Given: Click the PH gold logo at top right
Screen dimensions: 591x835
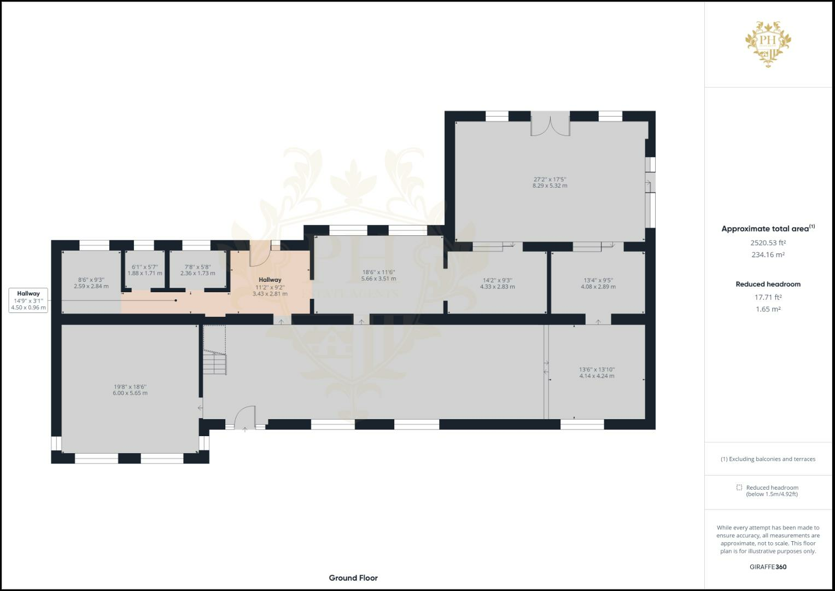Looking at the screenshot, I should click(x=768, y=44).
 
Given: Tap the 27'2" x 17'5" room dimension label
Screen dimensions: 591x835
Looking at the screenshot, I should click(x=550, y=182).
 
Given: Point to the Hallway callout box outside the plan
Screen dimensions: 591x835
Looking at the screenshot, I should click(x=28, y=300).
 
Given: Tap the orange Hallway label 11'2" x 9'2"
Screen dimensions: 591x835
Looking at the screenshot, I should click(x=270, y=287).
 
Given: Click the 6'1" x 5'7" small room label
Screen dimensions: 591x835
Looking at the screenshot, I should click(x=145, y=270).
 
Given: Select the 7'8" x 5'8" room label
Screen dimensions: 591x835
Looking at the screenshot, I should click(x=197, y=270).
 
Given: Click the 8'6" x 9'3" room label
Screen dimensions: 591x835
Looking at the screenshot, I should click(x=91, y=282).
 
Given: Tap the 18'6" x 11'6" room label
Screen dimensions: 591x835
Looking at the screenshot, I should click(x=378, y=275).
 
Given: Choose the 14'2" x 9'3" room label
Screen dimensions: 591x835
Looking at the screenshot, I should click(x=497, y=283).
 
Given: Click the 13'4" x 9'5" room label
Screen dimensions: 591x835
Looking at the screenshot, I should click(x=598, y=283).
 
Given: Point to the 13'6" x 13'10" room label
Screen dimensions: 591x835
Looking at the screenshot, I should click(x=597, y=373).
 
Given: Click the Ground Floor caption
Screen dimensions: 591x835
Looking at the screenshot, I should click(x=353, y=578).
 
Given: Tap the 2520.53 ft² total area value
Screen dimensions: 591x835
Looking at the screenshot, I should click(x=768, y=242).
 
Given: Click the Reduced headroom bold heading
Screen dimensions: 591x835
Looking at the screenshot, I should click(x=768, y=284).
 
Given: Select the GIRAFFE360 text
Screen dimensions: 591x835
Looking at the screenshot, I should click(x=768, y=567).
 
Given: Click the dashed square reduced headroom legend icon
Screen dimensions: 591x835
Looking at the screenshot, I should click(x=739, y=488).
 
